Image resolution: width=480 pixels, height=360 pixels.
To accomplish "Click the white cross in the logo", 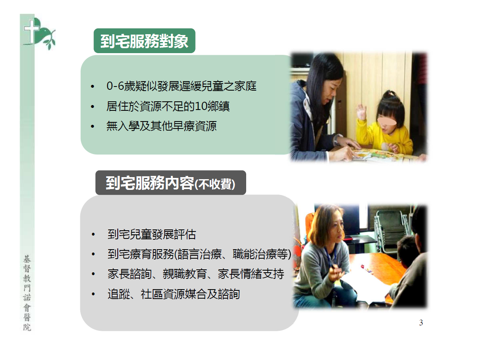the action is point(32,30).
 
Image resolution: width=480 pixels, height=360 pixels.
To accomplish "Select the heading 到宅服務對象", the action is point(144,41).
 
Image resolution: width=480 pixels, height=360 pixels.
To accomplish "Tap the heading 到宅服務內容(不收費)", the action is point(170,183).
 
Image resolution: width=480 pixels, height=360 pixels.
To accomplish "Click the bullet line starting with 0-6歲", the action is point(181,86).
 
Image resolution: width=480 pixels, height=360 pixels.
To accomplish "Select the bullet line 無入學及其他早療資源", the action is point(161,126).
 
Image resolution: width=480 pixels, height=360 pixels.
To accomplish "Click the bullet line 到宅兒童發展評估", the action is point(151,234).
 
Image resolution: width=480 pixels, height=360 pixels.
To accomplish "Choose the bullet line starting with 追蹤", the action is point(174,294).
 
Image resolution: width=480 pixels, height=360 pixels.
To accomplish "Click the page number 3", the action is point(421,323).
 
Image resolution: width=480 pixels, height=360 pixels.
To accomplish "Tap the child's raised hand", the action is point(361,112).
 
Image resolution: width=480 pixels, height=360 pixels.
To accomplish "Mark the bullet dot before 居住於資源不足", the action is point(93,107).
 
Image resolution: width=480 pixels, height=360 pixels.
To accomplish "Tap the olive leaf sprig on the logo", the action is point(49,39).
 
